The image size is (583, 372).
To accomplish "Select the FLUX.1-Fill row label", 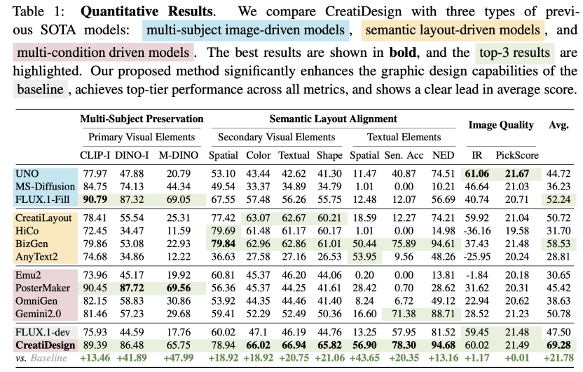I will click(x=41, y=199).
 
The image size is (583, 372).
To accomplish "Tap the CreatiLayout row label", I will click(x=43, y=218).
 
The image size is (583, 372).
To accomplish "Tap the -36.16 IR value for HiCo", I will click(x=476, y=230).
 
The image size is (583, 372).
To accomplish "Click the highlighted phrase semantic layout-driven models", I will click(x=454, y=32).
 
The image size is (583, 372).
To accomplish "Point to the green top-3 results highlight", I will click(x=514, y=53).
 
